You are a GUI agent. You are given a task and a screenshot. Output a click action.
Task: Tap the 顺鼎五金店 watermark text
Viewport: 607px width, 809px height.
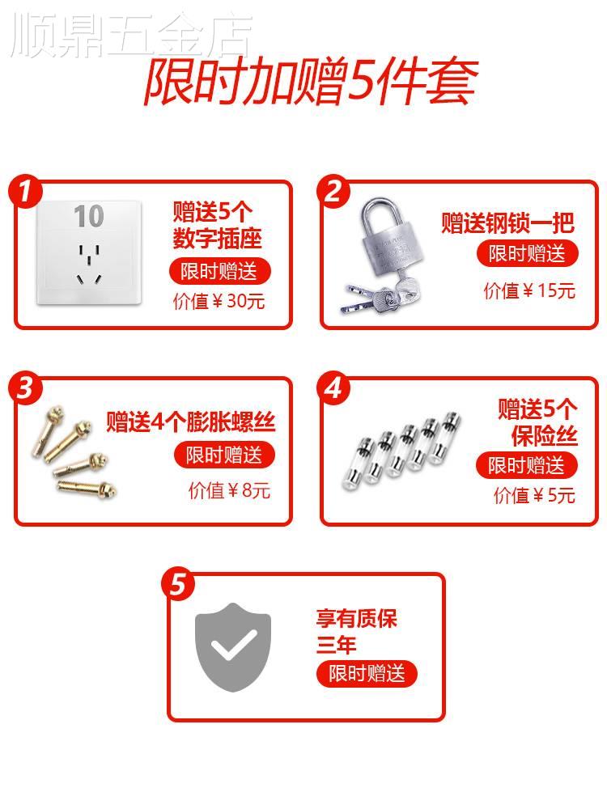click(x=129, y=36)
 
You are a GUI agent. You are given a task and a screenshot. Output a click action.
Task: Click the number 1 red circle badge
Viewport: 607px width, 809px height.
click(x=26, y=192)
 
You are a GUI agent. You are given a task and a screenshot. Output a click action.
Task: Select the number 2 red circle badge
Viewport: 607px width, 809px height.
click(x=333, y=192)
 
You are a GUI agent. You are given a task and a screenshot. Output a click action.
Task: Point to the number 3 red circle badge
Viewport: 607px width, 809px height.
click(x=26, y=389)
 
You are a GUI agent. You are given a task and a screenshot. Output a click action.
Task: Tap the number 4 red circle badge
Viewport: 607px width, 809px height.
click(x=333, y=389)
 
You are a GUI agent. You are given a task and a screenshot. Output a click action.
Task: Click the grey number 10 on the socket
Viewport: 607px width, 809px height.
click(x=89, y=217)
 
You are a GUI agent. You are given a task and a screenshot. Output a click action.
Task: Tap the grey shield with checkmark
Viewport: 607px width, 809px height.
click(x=234, y=647)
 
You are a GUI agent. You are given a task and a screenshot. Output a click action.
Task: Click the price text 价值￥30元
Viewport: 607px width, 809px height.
click(x=219, y=302)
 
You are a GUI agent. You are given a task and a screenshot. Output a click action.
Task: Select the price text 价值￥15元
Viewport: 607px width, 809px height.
click(x=529, y=290)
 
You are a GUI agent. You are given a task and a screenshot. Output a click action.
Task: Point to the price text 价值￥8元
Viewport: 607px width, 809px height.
click(x=229, y=490)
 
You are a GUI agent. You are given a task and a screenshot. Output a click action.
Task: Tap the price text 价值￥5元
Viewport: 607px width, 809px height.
click(x=534, y=495)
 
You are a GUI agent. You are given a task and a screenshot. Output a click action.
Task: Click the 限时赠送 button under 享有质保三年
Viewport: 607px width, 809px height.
click(x=367, y=674)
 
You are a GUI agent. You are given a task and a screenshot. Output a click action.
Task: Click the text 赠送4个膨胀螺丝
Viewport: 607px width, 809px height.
click(x=191, y=421)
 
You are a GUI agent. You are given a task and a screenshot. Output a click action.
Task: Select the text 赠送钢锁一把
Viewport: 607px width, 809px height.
click(x=507, y=222)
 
